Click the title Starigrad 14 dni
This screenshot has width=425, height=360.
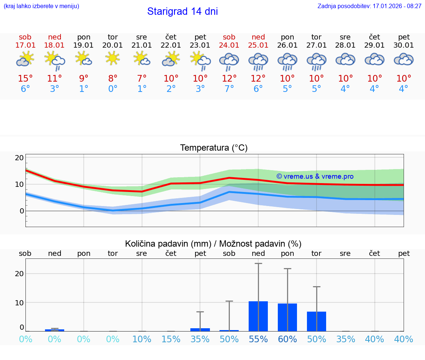(182, 11)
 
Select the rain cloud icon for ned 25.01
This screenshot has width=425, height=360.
(258, 61)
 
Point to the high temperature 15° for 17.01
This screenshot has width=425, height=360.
(25, 79)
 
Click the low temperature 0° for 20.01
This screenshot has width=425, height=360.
(113, 89)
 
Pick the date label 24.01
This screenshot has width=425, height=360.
(229, 45)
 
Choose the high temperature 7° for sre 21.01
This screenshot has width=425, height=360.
(142, 79)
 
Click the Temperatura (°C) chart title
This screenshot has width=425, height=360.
(214, 148)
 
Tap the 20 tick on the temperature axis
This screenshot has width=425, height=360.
(19, 158)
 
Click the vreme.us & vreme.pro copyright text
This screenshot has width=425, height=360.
(315, 176)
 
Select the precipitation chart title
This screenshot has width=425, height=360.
(213, 244)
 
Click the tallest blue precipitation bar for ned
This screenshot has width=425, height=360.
(258, 316)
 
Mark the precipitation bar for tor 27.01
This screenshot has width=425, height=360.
(317, 322)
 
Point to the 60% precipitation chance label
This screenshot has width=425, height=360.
(287, 339)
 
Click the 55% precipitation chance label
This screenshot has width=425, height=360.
(258, 339)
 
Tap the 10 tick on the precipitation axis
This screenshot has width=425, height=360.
(19, 302)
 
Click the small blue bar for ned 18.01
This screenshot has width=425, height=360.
(55, 330)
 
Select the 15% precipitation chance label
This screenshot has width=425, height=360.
(171, 339)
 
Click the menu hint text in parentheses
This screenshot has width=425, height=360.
(41, 6)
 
